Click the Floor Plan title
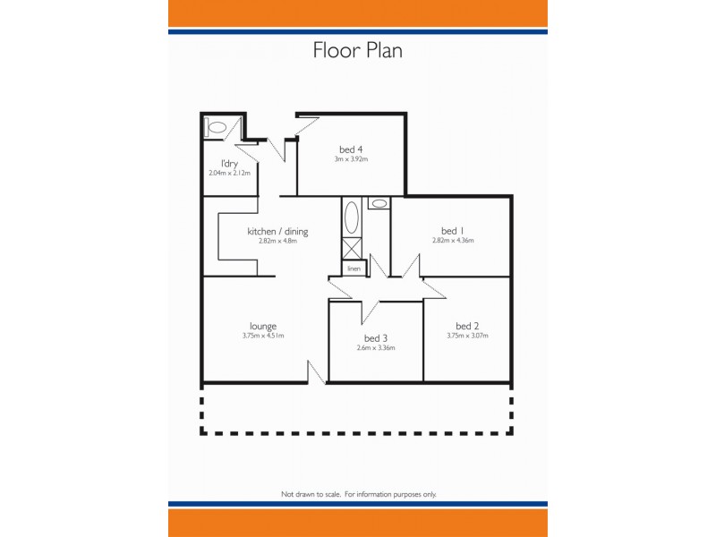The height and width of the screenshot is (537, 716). point(357,50)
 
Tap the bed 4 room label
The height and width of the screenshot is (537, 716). point(351,149)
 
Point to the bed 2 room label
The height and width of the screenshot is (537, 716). point(467,326)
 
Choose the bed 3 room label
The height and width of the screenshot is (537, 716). point(376,338)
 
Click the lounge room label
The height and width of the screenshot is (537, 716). point(262,326)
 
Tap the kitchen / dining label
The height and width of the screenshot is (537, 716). point(277,231)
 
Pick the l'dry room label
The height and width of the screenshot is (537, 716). point(229,163)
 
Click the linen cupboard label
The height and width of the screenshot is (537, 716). point(354,268)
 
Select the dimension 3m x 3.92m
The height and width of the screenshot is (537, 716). point(351,159)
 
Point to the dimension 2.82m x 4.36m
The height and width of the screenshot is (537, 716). point(452,241)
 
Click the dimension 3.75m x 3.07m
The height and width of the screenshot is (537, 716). point(467,337)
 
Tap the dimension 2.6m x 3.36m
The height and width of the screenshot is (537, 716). point(376,348)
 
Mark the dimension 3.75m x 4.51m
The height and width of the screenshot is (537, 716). point(262,337)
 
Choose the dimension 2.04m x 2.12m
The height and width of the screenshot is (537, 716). point(229,173)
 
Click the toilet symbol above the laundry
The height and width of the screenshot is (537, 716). point(216,128)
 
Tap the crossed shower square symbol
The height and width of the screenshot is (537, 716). point(353,249)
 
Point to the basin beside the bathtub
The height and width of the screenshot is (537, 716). point(379,203)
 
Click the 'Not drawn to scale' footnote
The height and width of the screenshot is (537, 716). point(358,494)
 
